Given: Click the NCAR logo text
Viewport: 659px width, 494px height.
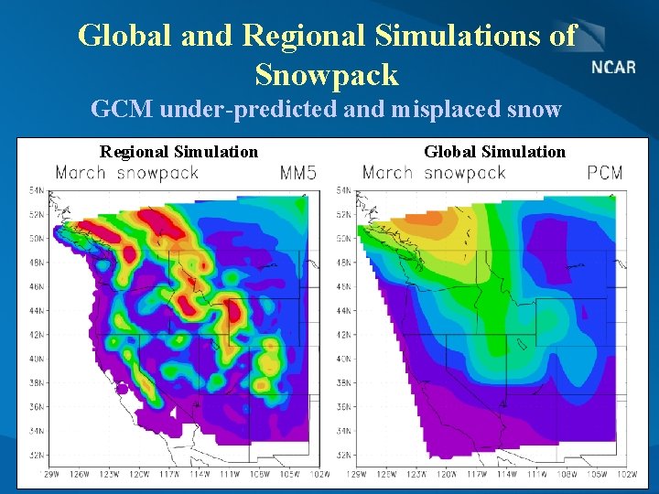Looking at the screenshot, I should point(613,68).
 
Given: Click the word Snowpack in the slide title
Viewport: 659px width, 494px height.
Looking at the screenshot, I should point(327,74).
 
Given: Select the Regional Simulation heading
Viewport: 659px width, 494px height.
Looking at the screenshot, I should point(178,151).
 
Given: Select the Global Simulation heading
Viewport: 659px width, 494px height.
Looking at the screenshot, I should point(494,151).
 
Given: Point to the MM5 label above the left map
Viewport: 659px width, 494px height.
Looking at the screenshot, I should point(297,172).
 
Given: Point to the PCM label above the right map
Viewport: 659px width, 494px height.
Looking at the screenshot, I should point(605,172).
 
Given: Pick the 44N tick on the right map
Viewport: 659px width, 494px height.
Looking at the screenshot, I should point(344,310).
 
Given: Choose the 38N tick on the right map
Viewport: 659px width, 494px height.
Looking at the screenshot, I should point(344,382).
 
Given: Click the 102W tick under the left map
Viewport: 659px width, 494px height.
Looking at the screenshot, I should point(318,474).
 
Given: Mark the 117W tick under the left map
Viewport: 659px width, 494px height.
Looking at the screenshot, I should point(168,474).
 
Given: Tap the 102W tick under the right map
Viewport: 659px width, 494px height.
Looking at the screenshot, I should point(626,474).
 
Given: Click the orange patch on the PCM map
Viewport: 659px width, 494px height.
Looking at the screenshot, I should point(422,219).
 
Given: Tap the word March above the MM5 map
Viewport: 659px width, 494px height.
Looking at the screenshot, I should point(81,172).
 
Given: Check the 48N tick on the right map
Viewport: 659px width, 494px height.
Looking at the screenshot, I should point(344,263).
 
